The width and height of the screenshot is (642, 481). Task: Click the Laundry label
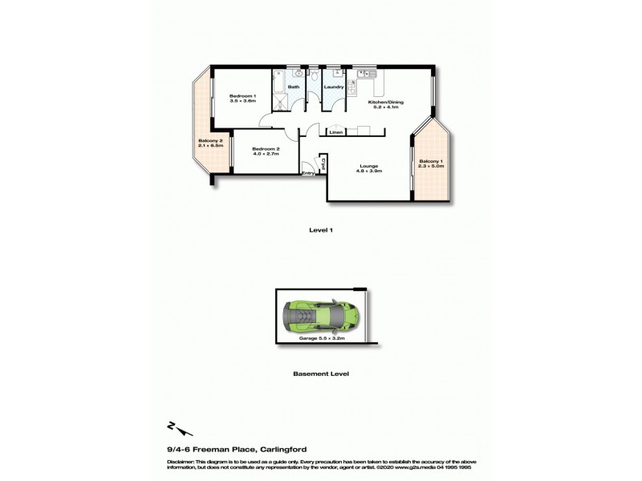coord(334,87)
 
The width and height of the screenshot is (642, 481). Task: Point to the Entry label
coord(308,173)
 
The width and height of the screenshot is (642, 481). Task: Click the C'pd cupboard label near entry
coord(322,165)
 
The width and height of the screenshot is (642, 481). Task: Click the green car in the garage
coord(317,316)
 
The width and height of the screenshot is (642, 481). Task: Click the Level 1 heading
coord(321,229)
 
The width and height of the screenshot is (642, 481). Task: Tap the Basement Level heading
coord(321,374)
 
